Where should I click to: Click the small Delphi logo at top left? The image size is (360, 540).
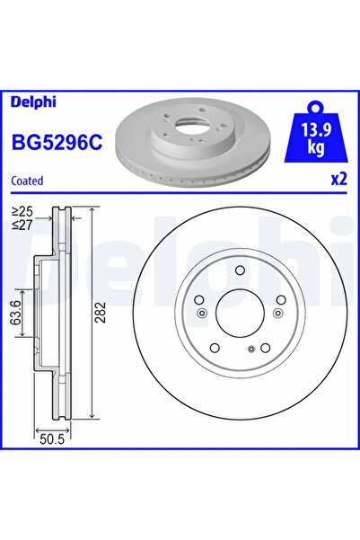point(33,102)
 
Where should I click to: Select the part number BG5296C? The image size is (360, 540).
point(57,142)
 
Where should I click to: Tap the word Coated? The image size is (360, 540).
point(27,181)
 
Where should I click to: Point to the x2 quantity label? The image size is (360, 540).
point(338,180)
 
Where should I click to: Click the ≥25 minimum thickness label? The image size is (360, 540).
point(22,211)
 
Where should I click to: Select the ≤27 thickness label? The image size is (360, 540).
point(22,225)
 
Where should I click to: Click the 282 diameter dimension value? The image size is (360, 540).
point(100,313)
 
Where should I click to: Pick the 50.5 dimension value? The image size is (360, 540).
point(52,439)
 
